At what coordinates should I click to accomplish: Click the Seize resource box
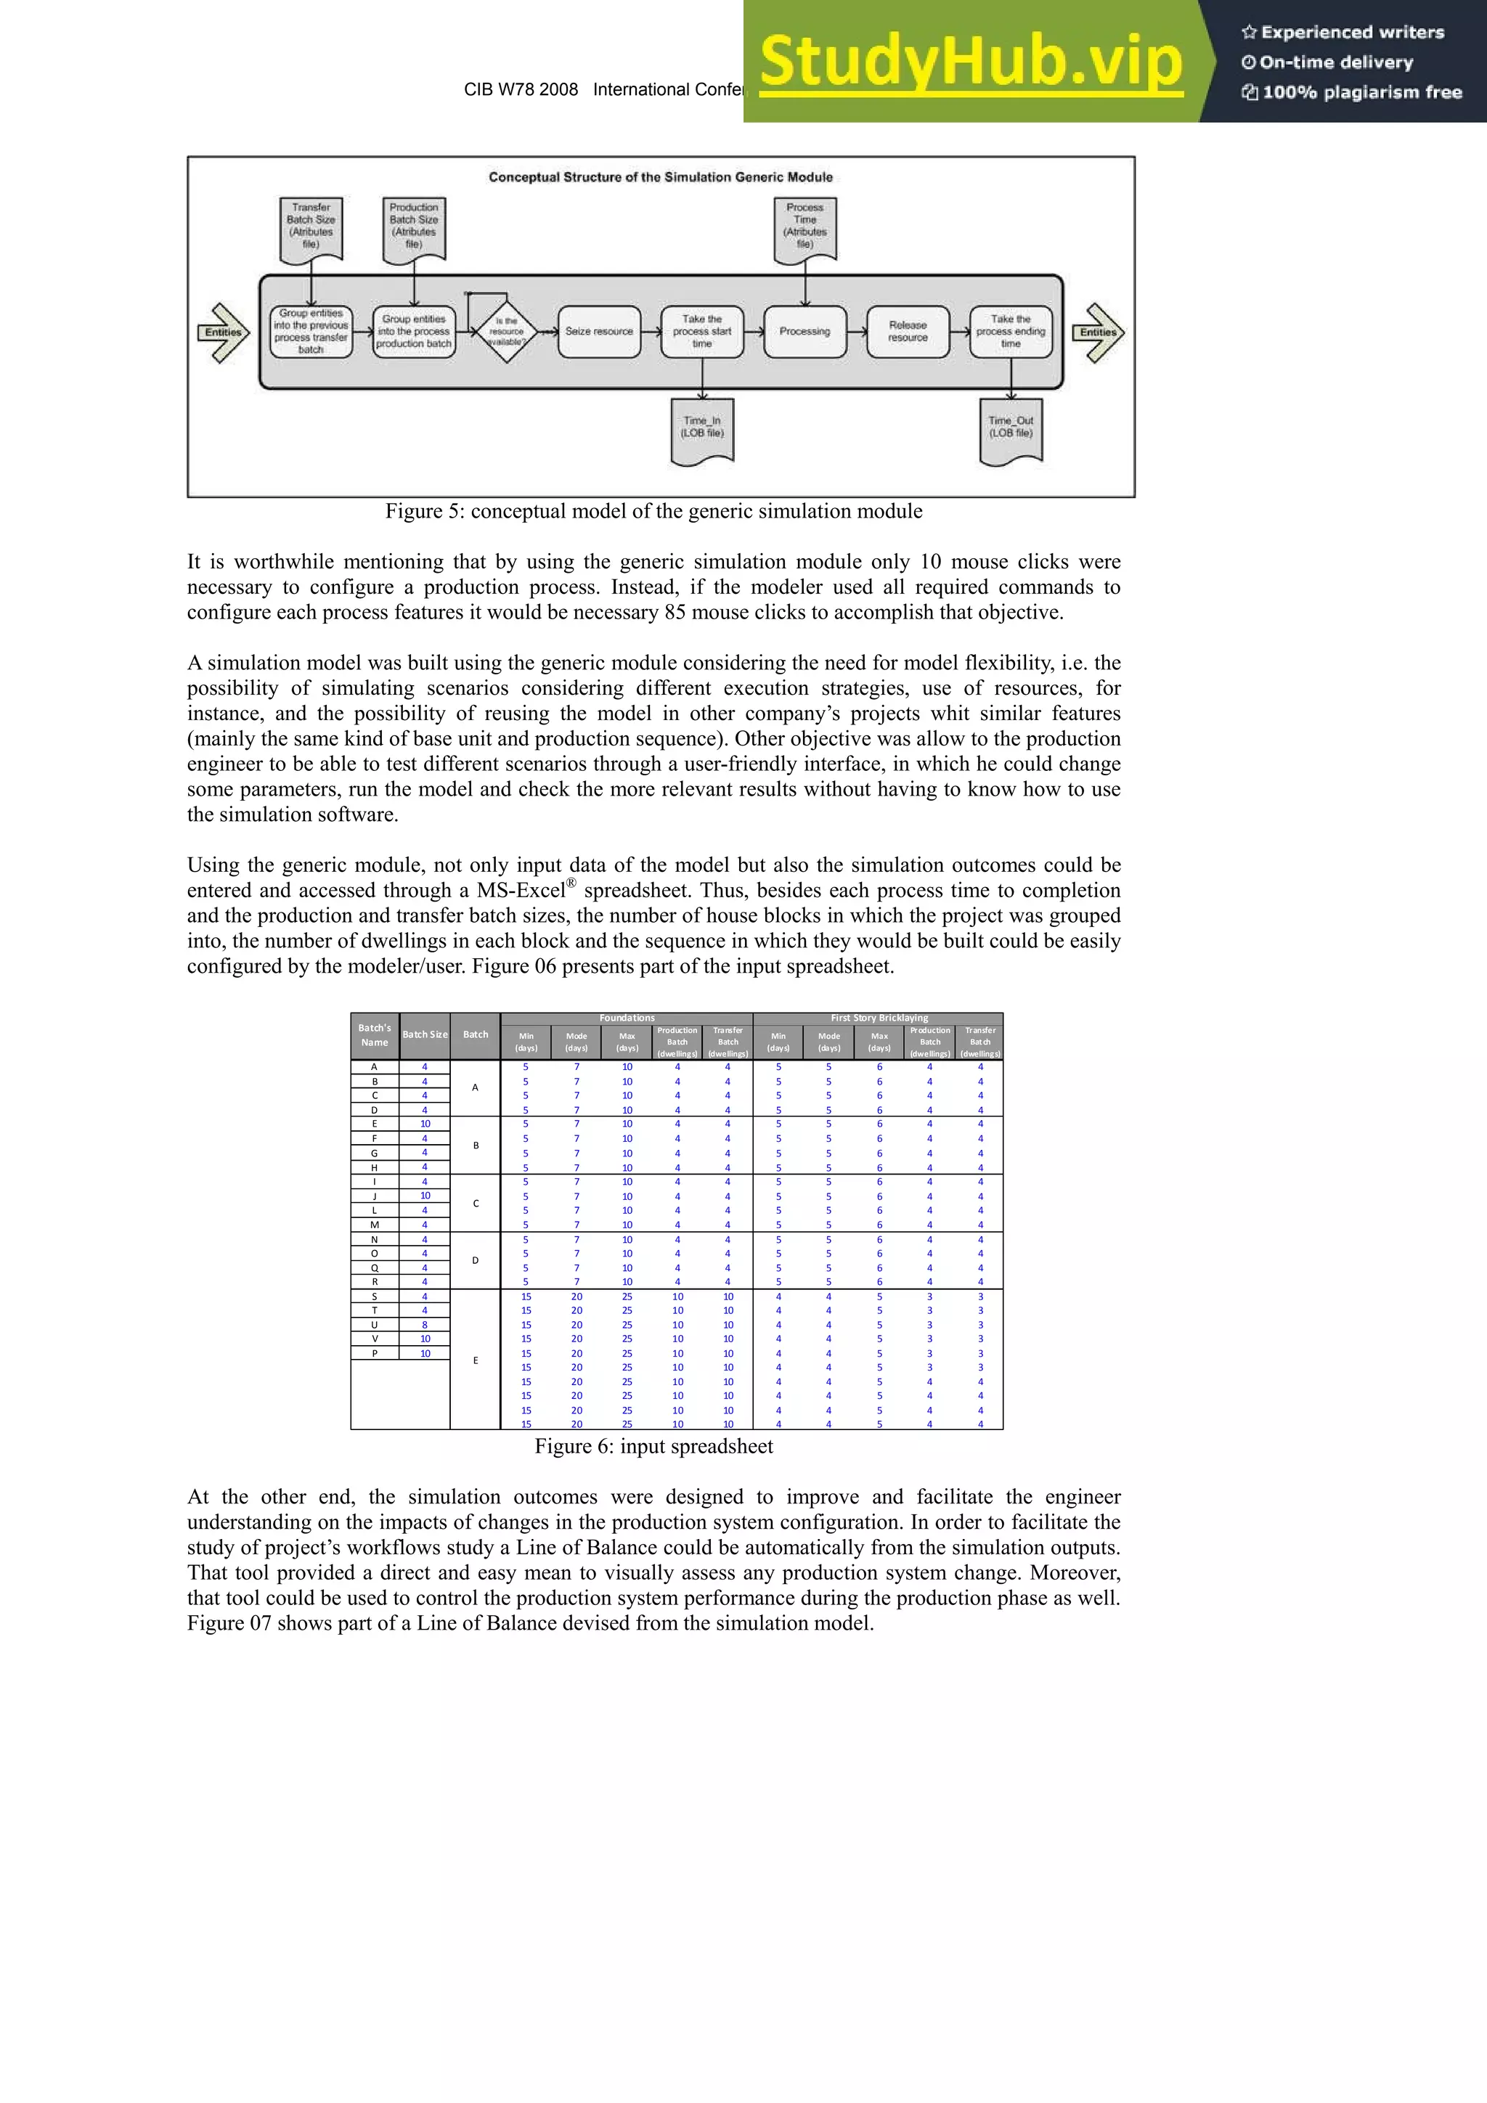click(598, 332)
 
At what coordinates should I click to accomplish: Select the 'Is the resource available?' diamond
click(506, 332)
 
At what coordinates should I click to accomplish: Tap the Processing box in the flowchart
click(804, 332)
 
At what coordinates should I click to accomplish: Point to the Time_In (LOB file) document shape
click(702, 429)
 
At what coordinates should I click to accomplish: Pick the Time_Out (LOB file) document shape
click(1011, 429)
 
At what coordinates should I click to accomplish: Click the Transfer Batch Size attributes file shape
click(311, 227)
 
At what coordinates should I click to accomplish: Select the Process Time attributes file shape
click(804, 227)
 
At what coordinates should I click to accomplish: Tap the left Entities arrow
click(223, 332)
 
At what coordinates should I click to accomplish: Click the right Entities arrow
click(1098, 332)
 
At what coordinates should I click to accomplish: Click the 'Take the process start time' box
click(702, 332)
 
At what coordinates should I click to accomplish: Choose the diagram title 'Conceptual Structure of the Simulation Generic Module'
click(661, 177)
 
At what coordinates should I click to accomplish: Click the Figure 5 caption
click(653, 511)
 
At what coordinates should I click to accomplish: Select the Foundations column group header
click(627, 1018)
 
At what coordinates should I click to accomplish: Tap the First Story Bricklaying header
click(879, 1018)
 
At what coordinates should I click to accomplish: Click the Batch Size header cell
click(425, 1035)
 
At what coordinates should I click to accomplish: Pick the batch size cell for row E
click(425, 1124)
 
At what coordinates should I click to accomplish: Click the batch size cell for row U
click(425, 1325)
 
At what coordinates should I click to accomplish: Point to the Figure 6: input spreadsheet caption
click(653, 1446)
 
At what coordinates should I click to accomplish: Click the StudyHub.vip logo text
click(971, 62)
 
